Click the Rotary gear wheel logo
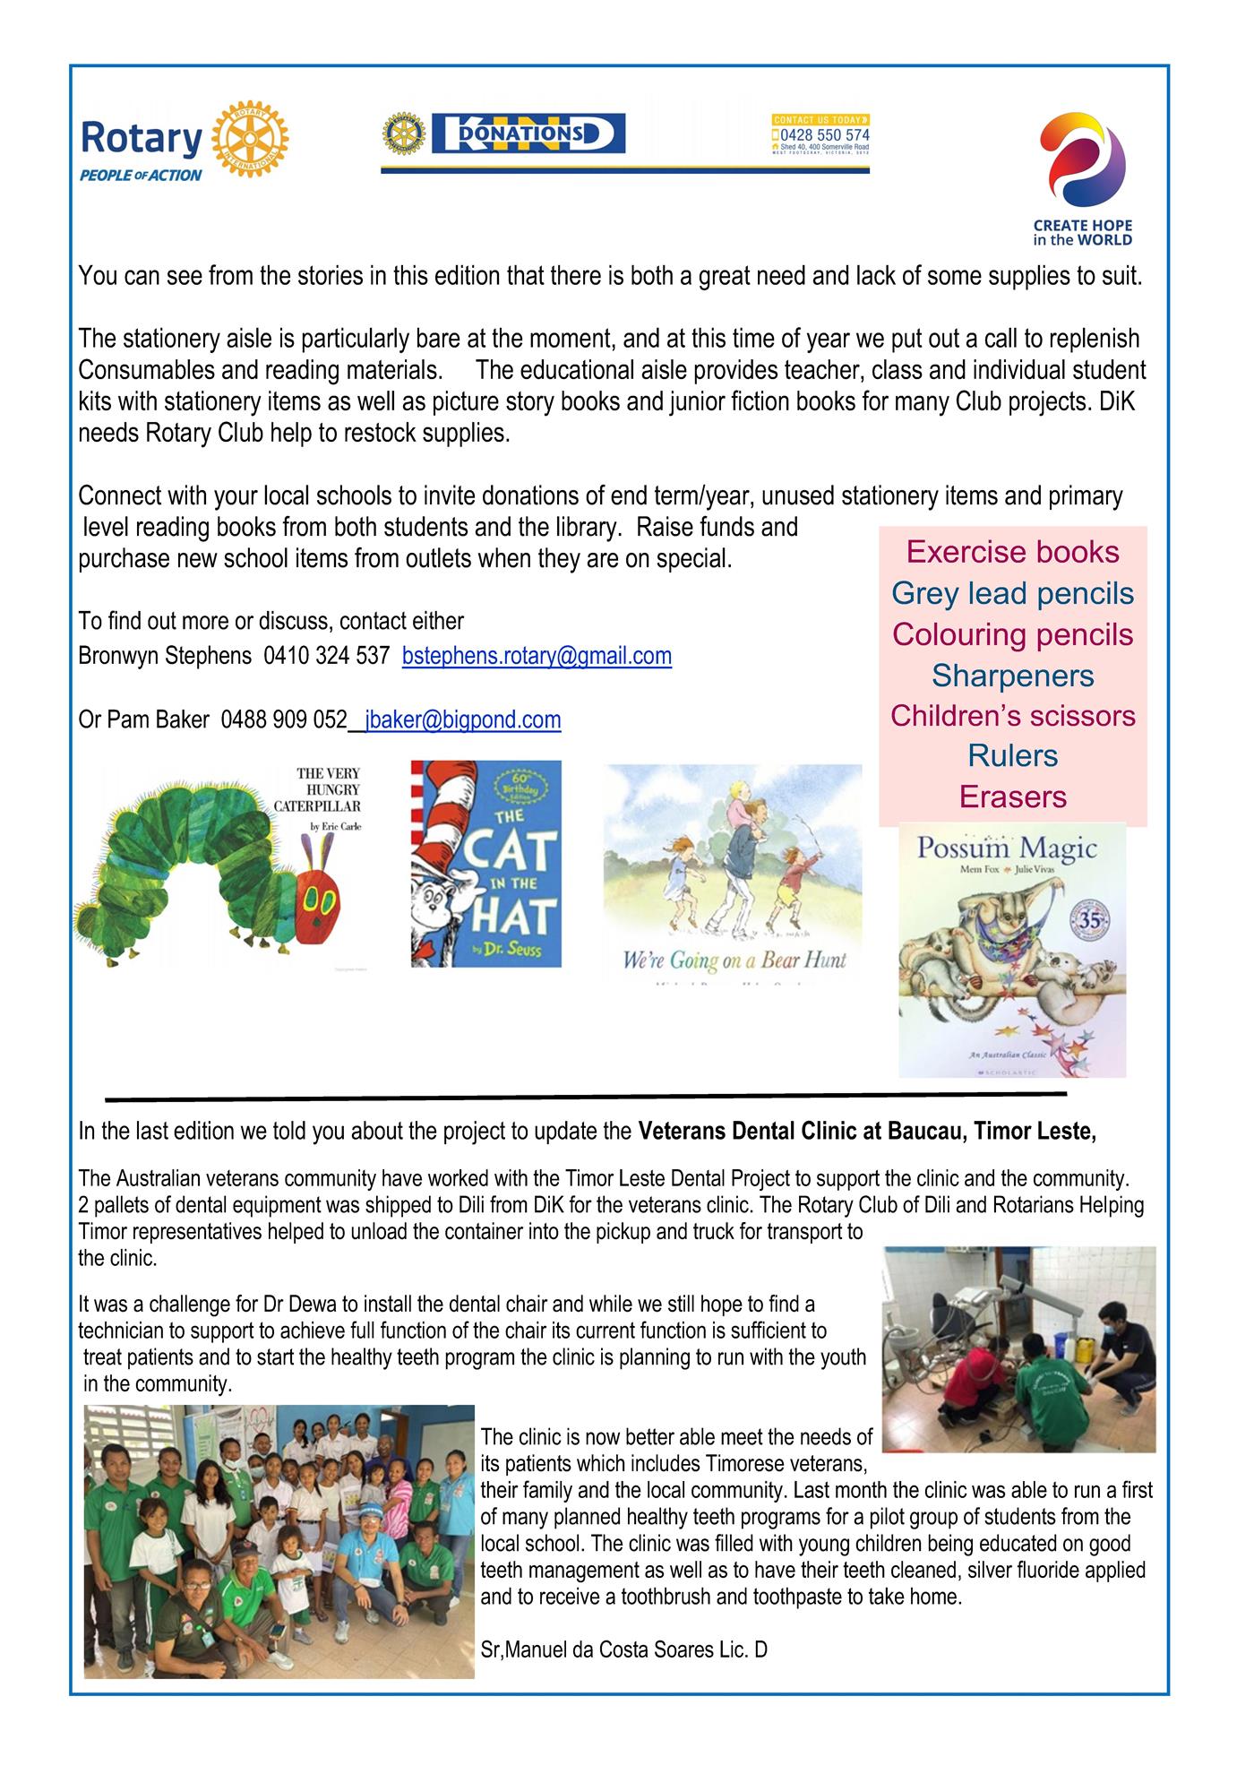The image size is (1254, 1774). (252, 139)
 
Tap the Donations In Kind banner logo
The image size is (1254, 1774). (528, 134)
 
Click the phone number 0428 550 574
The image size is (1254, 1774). (825, 135)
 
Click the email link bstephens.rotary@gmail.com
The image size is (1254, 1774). (537, 656)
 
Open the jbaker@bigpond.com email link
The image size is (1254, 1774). (462, 719)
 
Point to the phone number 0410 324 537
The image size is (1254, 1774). (326, 656)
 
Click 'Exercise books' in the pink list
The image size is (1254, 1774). (1012, 552)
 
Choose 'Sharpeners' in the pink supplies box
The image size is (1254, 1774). (1012, 676)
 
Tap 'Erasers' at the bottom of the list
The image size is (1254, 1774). (1012, 797)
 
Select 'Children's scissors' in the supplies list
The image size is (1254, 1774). (1012, 716)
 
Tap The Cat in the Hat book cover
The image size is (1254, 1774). (486, 865)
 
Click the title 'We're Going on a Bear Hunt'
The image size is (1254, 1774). (734, 961)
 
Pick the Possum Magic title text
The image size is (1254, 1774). (1007, 848)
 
